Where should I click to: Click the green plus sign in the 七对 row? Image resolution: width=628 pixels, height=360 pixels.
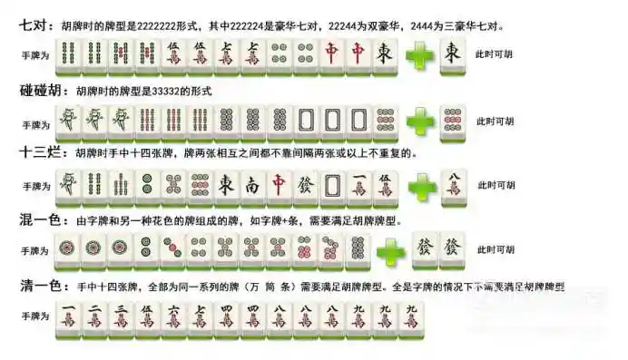[x=420, y=56]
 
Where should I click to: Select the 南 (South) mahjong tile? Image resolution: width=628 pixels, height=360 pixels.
[x=253, y=186]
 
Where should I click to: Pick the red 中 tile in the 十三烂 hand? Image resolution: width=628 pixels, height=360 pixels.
[x=280, y=186]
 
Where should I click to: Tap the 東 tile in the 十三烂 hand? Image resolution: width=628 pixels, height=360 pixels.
[x=227, y=186]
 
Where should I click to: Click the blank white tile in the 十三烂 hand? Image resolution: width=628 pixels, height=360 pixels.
[x=334, y=186]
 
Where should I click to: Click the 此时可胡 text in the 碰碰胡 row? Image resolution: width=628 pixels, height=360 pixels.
[x=496, y=121]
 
